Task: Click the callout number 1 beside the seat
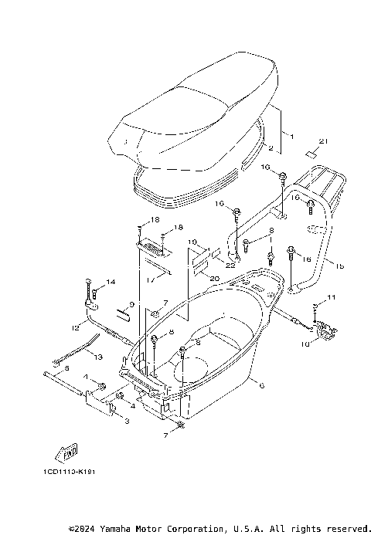pyautogui.click(x=291, y=136)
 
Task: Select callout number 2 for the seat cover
pyautogui.click(x=271, y=147)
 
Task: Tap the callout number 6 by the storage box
pyautogui.click(x=262, y=385)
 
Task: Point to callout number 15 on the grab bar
pyautogui.click(x=339, y=264)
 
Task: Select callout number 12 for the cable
pyautogui.click(x=76, y=329)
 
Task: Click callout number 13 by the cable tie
pyautogui.click(x=98, y=357)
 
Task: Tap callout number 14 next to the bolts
pyautogui.click(x=110, y=282)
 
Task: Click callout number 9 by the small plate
pyautogui.click(x=131, y=305)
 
